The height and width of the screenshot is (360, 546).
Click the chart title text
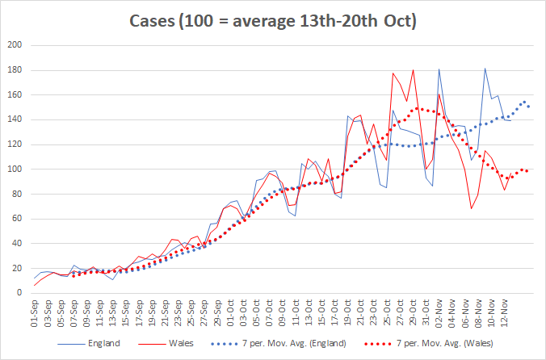tap(273, 20)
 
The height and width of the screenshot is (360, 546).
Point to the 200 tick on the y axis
tap(15, 45)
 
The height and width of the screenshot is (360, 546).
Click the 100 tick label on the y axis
tap(15, 170)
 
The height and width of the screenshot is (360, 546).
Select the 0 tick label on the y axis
tap(20, 293)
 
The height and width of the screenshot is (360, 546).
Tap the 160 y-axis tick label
tap(15, 95)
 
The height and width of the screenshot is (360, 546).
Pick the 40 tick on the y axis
tap(17, 244)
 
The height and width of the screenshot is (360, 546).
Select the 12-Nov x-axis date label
tap(504, 312)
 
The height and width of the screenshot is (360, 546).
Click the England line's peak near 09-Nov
tap(485, 69)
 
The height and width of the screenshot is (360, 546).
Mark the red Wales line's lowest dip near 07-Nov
tap(472, 208)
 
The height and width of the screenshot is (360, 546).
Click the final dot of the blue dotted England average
tap(528, 106)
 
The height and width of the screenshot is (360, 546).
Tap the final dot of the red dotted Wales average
tap(527, 171)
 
